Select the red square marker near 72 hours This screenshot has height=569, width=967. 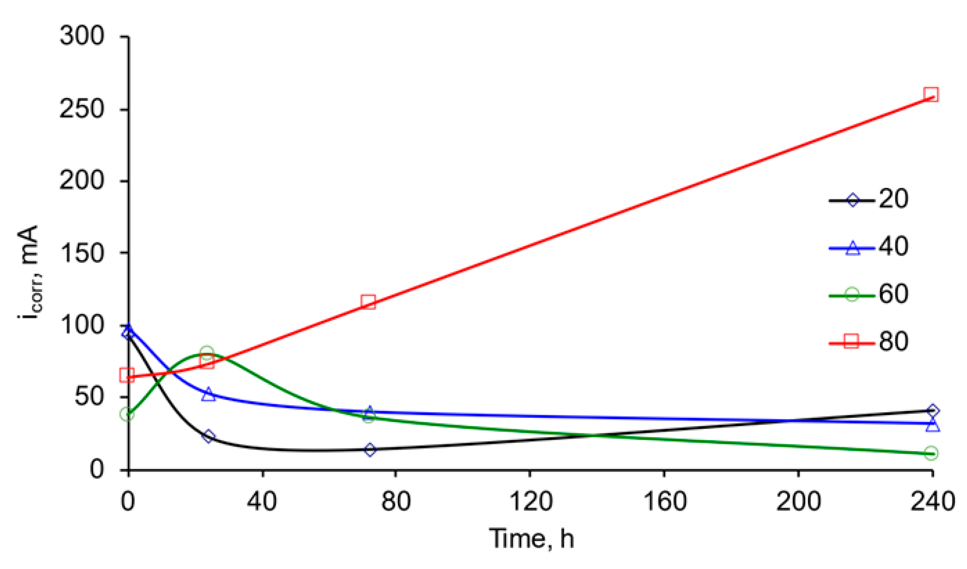tap(368, 302)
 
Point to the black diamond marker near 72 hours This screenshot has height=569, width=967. tap(370, 450)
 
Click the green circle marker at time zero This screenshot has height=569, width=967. tap(127, 414)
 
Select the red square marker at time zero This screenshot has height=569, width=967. tap(127, 375)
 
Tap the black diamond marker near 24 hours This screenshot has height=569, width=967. tap(208, 436)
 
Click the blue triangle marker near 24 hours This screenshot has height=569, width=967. tap(208, 395)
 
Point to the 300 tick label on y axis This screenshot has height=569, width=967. tap(82, 36)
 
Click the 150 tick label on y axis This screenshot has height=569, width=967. tap(82, 253)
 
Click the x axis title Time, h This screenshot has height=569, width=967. tap(532, 539)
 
